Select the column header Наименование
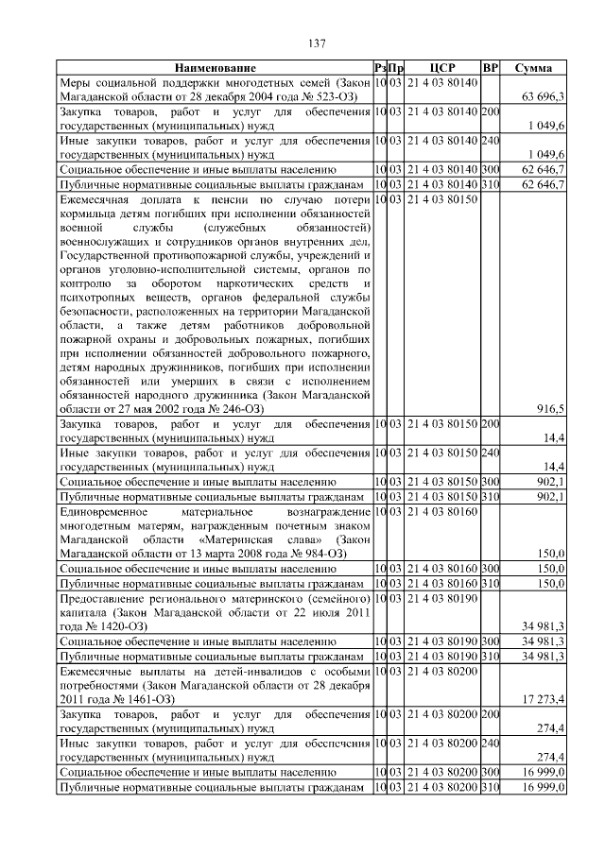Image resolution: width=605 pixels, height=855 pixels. click(x=214, y=68)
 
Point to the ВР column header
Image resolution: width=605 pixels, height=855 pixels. click(x=490, y=68)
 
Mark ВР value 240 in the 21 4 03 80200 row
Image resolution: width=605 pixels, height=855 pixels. click(x=490, y=744)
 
